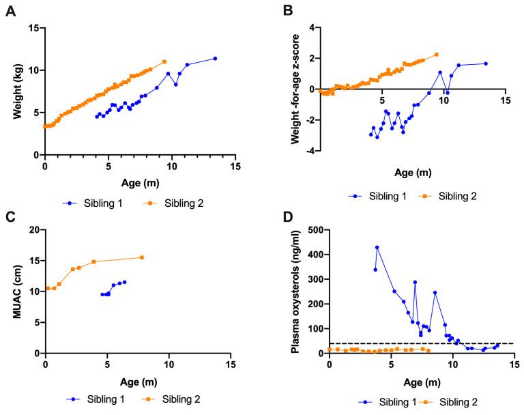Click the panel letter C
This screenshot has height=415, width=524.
(x=10, y=217)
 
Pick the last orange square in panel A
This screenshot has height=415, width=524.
(x=164, y=61)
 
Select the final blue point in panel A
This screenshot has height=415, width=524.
(x=215, y=58)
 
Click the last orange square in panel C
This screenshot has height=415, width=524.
(x=142, y=257)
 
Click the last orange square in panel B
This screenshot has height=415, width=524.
(x=437, y=55)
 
